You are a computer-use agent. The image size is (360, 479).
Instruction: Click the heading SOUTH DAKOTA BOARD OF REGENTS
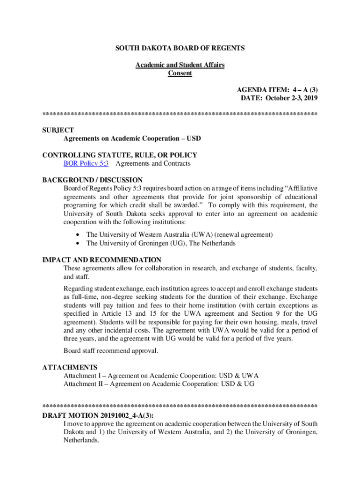coord(180,48)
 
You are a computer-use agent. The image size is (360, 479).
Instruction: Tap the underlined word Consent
coord(180,73)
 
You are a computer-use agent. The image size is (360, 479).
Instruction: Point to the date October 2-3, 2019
coord(292,98)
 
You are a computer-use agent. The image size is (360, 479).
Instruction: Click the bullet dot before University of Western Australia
coord(77,235)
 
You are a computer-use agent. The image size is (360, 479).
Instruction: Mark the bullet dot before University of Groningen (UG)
coord(77,243)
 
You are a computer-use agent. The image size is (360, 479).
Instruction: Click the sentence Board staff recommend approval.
coord(111,351)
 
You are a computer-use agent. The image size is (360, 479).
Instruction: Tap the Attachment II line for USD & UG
coord(159,384)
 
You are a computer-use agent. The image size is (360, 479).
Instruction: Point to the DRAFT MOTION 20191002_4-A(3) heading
coord(98,415)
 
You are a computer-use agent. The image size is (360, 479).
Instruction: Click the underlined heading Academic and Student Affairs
coord(180,65)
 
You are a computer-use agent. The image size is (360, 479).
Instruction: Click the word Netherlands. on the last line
coord(81,440)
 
